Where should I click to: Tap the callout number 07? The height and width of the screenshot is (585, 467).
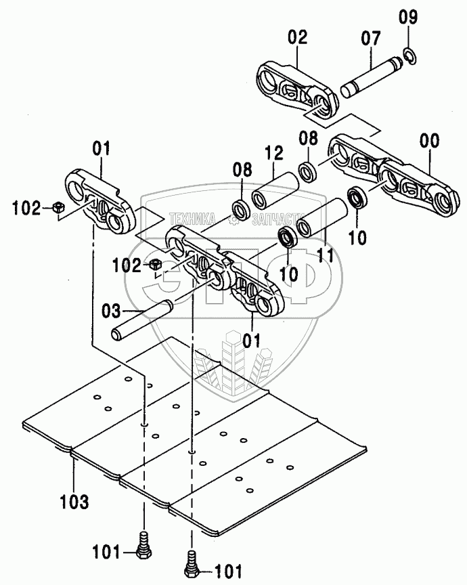[x=370, y=39]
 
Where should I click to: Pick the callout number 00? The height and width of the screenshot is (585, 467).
[x=429, y=142]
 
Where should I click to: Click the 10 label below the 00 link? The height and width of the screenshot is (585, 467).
[x=358, y=237]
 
